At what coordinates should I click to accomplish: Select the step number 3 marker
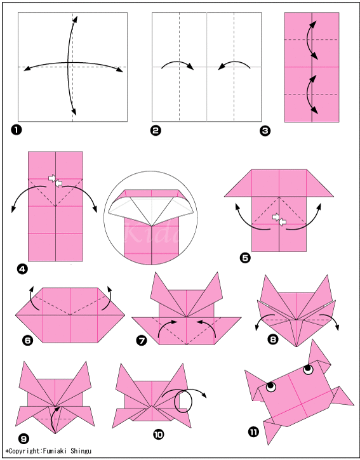[265, 131]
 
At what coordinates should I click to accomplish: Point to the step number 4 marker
[22, 269]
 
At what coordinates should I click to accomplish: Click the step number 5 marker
[245, 258]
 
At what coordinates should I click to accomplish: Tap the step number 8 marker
[273, 339]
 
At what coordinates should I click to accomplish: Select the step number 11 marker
[254, 433]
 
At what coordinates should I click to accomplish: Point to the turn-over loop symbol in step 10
[185, 400]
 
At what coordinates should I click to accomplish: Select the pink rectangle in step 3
[311, 67]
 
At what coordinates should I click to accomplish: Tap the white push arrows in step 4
[56, 181]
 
